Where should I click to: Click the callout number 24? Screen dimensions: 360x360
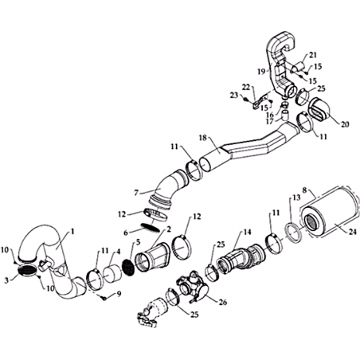click(x=352, y=232)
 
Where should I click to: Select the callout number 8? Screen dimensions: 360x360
click(x=304, y=190)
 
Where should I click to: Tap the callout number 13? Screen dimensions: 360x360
click(x=296, y=198)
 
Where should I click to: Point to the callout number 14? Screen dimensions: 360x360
click(x=247, y=232)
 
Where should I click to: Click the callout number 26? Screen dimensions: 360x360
click(x=223, y=302)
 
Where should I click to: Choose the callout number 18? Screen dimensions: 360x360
click(x=203, y=138)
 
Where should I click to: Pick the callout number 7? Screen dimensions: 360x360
click(x=136, y=193)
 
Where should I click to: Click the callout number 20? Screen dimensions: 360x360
click(x=345, y=124)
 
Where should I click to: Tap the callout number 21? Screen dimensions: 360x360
click(x=313, y=55)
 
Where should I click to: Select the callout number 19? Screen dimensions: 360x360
click(x=261, y=71)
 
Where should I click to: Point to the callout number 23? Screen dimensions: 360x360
click(x=234, y=95)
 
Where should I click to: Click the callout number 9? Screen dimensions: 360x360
click(x=119, y=294)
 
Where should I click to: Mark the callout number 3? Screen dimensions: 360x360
click(x=6, y=280)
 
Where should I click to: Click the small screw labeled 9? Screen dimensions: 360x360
click(x=104, y=299)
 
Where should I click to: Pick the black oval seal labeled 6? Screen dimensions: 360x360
click(x=151, y=228)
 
